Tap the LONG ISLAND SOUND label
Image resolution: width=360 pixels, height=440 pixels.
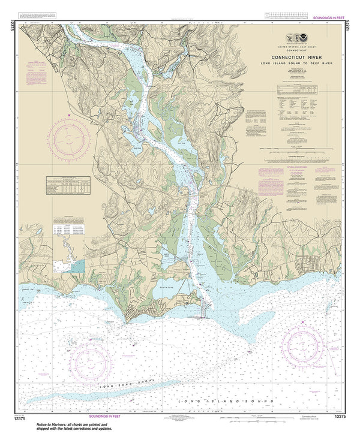point(229,400)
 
